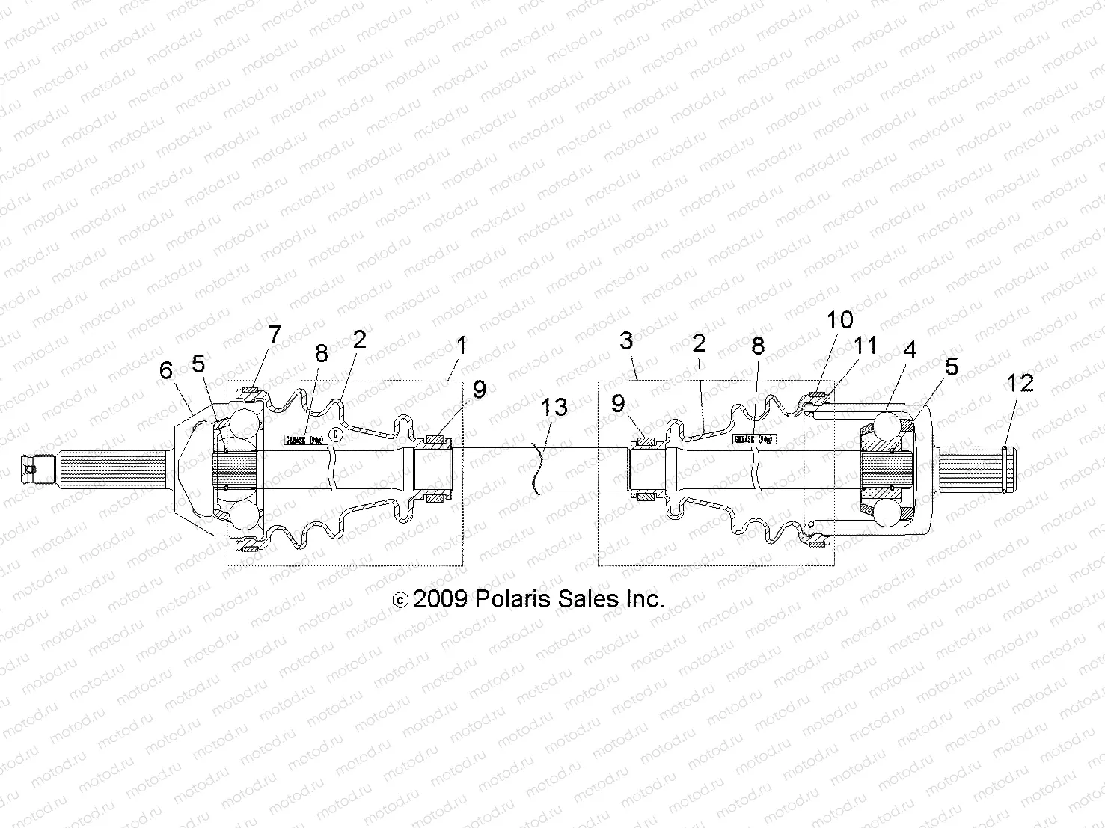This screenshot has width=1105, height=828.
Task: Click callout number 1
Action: coord(462,346)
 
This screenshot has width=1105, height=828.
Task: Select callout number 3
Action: coord(626,341)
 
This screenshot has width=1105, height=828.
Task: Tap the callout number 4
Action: coord(909,349)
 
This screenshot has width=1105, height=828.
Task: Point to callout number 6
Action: coord(166,370)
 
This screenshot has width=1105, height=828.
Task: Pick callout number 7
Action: coord(275,334)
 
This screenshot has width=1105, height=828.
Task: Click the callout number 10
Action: coord(840,320)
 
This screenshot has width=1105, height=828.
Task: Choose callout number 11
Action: coord(866,346)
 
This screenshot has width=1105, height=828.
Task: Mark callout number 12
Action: coord(1020,383)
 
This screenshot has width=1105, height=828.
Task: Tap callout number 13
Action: coord(554,408)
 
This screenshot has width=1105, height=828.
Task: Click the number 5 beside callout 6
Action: coord(198,364)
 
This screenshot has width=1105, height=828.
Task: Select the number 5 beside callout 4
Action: coord(952,367)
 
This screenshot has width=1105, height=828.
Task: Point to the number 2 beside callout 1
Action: coord(360,339)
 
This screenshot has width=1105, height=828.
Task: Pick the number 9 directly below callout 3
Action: coord(618,403)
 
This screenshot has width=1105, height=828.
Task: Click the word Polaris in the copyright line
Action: coord(510,599)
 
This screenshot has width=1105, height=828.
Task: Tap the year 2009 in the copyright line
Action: coord(440,599)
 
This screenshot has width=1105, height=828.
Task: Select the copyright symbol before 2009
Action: coord(401,600)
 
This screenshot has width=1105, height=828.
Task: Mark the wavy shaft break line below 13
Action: coord(536,470)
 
